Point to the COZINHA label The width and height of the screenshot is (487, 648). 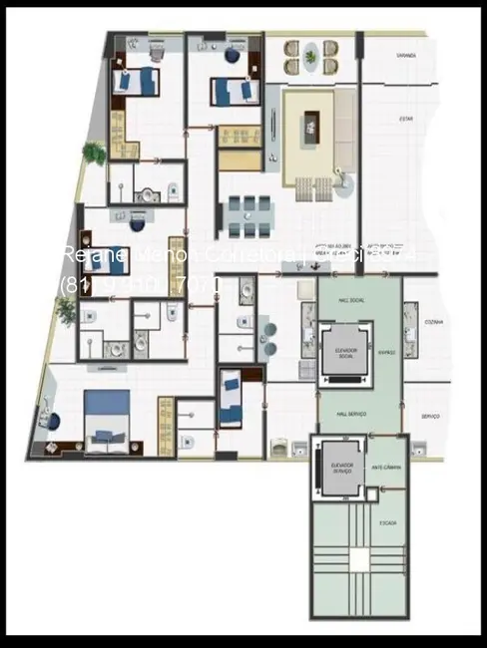(x=432, y=323)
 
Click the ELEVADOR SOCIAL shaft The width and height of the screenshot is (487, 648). (x=344, y=355)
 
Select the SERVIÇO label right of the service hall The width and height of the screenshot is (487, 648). (x=431, y=416)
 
